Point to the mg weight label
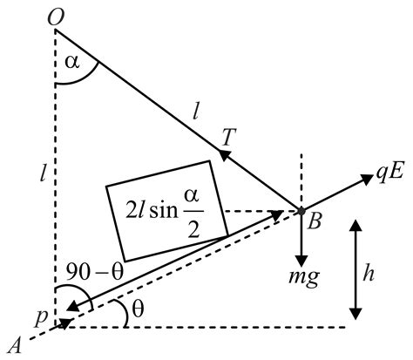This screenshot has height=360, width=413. (x=302, y=280)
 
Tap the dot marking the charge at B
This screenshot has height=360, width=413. (x=300, y=211)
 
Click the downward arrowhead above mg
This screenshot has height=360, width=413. (x=301, y=262)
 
